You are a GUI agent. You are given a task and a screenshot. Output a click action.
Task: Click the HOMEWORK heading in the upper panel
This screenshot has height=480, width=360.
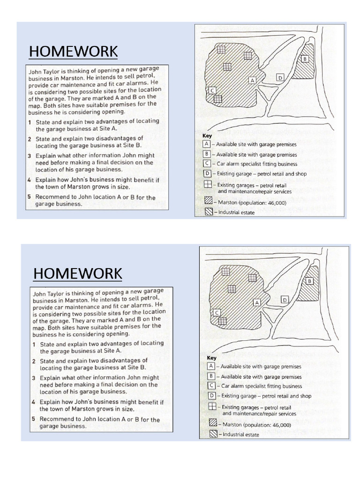[73, 51]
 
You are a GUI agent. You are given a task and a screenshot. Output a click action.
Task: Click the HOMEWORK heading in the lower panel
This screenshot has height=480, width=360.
[78, 273]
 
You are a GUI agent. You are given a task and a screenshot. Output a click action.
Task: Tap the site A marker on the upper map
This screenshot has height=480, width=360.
[252, 80]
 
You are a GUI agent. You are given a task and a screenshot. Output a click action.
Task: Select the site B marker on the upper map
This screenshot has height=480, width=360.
[305, 59]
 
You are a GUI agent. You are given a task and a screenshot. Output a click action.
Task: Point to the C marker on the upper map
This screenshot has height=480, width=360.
[212, 90]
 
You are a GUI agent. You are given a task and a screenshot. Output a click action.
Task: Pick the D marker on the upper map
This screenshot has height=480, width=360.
[280, 77]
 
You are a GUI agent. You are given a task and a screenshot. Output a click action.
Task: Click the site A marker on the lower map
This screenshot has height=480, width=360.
[257, 302]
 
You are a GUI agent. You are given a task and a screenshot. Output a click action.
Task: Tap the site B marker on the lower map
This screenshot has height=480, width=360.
[309, 281]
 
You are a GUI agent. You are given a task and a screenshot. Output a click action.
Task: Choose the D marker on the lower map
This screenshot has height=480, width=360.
[285, 299]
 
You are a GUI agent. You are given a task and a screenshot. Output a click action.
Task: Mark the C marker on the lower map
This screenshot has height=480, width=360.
[217, 312]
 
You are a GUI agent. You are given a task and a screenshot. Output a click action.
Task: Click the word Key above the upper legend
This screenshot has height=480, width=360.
[207, 135]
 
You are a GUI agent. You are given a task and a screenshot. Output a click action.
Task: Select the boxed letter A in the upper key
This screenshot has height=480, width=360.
[207, 144]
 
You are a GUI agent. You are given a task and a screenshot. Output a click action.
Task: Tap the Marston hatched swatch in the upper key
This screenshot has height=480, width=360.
[208, 202]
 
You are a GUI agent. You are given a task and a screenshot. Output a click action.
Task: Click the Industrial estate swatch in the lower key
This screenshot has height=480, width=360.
[213, 435]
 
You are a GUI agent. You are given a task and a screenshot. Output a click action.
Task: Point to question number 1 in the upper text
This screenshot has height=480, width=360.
[30, 121]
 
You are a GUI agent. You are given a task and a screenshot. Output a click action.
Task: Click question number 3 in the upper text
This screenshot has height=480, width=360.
[30, 156]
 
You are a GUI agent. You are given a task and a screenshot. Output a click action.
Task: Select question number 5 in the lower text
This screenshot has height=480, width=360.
[34, 419]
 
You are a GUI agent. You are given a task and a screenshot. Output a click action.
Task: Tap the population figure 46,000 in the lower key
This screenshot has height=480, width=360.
[279, 425]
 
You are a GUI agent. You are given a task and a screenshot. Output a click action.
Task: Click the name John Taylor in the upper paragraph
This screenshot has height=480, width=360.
[44, 71]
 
